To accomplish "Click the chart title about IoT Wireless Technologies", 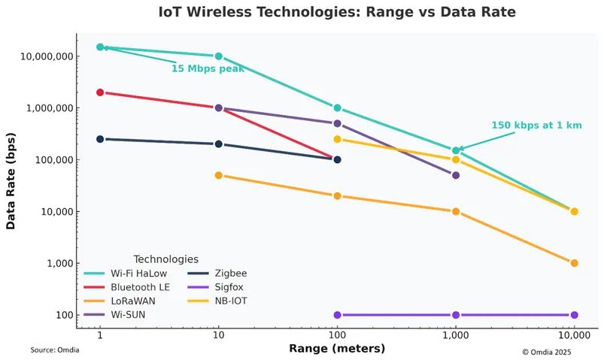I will coord(336,13).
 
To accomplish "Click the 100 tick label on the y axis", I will coord(62,315).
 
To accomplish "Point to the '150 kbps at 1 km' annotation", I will coord(536,126).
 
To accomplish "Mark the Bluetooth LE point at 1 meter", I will coord(100,92).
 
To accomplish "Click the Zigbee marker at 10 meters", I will coord(219,144).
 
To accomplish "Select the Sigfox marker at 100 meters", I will coord(337,315).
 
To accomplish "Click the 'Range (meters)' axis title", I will coord(336,349).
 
